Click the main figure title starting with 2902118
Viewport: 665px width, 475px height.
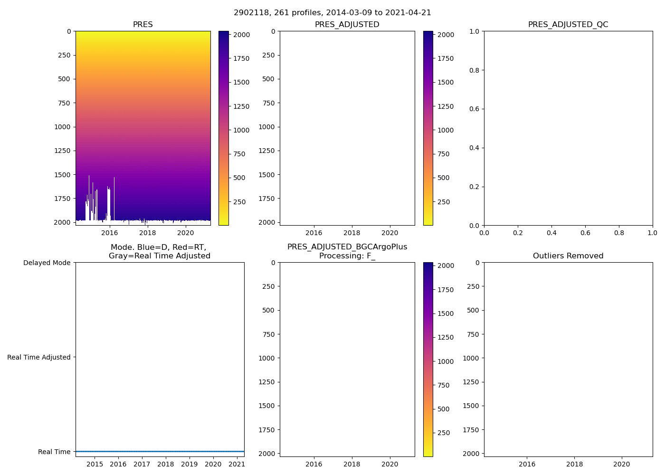[x=332, y=13]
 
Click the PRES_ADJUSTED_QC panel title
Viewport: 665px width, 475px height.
[x=568, y=25]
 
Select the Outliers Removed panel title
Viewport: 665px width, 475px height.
[x=568, y=256]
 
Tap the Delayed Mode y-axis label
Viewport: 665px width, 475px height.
[x=47, y=263]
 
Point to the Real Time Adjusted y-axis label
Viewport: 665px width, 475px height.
[x=39, y=357]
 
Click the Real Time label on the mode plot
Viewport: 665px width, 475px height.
[x=54, y=452]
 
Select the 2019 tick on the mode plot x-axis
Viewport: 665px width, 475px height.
[x=189, y=464]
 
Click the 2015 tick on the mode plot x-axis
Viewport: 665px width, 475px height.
[x=95, y=464]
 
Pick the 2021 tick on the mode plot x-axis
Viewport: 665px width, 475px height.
[x=237, y=464]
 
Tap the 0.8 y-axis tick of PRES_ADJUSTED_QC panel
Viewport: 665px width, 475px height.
[x=475, y=70]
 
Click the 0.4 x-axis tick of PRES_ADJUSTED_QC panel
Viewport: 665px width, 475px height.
[x=551, y=233]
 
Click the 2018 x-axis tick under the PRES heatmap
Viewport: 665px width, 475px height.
[x=148, y=233]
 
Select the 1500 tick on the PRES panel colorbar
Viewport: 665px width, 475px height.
[x=241, y=82]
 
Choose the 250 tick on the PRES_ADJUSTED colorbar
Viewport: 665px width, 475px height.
[x=443, y=202]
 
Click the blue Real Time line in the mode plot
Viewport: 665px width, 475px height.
[x=160, y=451]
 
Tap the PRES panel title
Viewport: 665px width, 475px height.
[x=143, y=25]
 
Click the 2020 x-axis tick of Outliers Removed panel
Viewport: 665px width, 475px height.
[x=622, y=464]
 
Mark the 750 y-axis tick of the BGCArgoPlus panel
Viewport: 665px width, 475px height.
[x=268, y=334]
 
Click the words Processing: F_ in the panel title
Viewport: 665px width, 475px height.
[x=347, y=256]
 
